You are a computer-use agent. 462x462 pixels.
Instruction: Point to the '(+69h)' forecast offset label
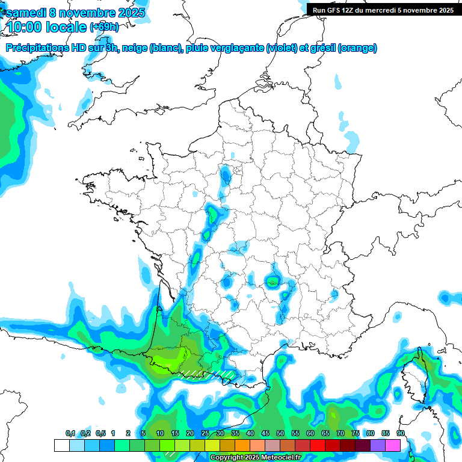click(104, 27)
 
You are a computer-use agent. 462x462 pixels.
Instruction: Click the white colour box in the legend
click(61, 445)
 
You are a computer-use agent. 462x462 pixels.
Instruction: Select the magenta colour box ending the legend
click(393, 445)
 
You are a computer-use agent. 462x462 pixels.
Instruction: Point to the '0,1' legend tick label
click(70, 433)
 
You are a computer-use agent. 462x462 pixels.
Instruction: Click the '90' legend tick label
click(401, 433)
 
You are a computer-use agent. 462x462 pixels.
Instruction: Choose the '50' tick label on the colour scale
click(280, 433)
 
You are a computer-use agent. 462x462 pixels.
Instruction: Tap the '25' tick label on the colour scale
click(205, 433)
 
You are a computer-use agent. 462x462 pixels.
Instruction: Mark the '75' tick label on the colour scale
click(356, 433)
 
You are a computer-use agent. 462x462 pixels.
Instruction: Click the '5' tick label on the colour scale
click(143, 433)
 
